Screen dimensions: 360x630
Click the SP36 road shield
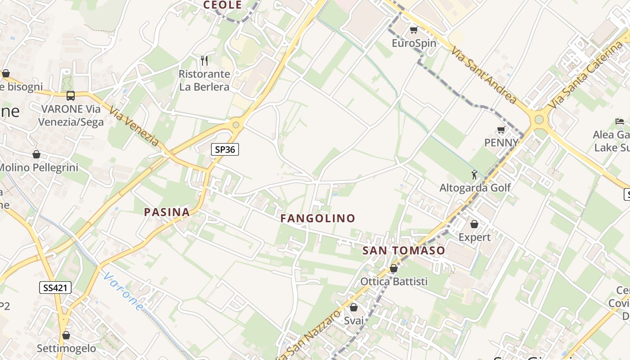pos(225,149)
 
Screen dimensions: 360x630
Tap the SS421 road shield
pos(56,288)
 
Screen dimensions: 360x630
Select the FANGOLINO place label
pos(318,218)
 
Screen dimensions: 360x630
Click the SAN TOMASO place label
pos(404,251)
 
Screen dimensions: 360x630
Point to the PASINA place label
pos(166,212)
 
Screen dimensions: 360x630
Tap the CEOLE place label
pos(222,5)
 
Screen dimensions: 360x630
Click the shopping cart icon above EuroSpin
pos(414,30)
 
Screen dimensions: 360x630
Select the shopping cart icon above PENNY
pos(501,130)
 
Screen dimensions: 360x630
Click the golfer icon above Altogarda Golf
pos(474,175)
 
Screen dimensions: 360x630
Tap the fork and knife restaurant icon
pos(204,60)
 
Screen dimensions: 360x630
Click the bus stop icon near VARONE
pos(71,95)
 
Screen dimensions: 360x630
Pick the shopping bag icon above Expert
pos(474,224)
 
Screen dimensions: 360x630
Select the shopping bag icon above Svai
pos(354,308)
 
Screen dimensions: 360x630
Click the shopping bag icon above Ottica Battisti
pos(394,269)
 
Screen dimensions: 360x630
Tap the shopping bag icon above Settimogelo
pos(66,335)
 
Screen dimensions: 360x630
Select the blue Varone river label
pos(122,291)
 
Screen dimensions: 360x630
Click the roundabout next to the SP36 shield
pos(235,125)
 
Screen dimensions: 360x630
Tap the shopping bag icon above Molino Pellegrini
pos(36,155)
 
